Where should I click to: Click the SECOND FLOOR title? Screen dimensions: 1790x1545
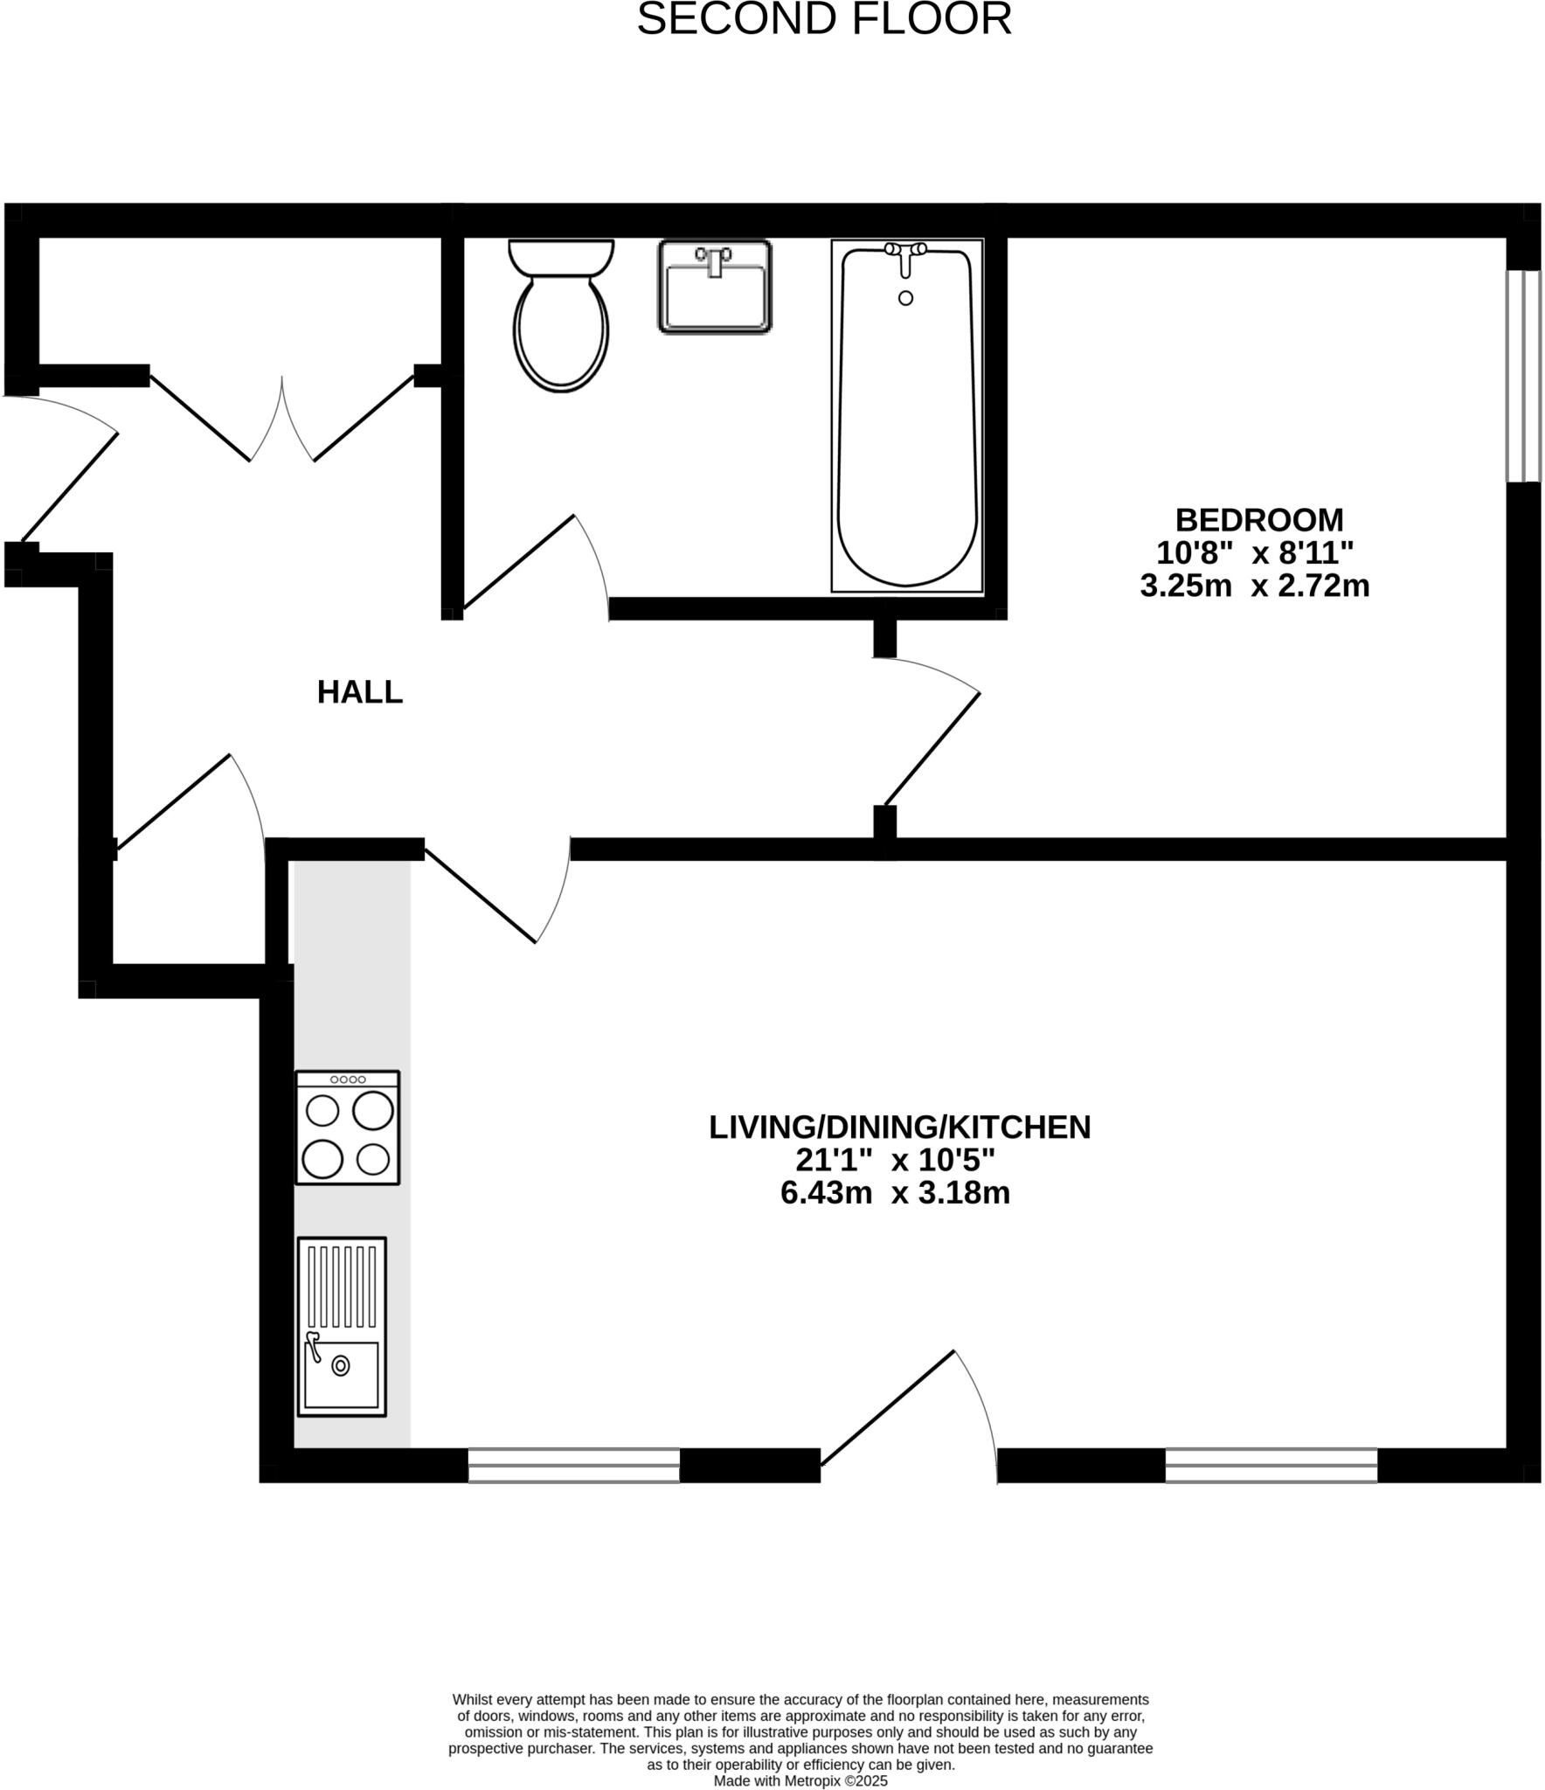coord(823,19)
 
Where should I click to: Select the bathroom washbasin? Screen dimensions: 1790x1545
coord(714,287)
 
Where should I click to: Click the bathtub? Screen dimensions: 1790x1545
coord(906,420)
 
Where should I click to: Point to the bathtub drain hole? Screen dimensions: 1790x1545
coord(905,298)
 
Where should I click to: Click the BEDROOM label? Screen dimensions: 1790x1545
coord(1258,520)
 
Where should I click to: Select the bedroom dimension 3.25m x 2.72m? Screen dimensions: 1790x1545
coord(1254,586)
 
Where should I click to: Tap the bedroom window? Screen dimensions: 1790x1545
coord(1523,376)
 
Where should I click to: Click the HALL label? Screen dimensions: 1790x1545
coord(359,692)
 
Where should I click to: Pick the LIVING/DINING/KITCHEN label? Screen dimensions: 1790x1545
coord(899,1127)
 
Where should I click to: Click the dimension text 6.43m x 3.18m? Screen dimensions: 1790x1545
coord(895,1193)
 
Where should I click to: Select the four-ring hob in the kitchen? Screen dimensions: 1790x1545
coord(347,1127)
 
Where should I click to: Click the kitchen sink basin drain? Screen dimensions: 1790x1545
coord(340,1365)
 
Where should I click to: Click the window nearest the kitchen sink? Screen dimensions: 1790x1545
coord(573,1465)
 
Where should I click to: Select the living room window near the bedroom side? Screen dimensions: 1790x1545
coord(1271,1465)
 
